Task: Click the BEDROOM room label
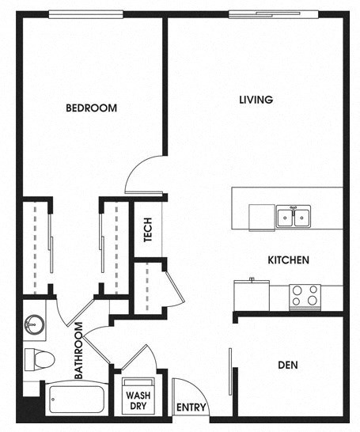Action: (91, 108)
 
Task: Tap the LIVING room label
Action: (256, 100)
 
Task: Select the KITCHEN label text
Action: (287, 260)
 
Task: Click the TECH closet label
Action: (147, 229)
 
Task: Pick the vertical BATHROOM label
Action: (79, 351)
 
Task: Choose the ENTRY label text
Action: (191, 408)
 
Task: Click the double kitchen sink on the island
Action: (293, 216)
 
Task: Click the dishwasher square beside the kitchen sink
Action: (262, 215)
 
